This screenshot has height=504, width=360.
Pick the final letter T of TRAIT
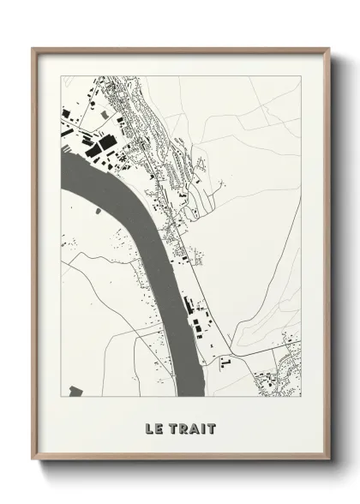[211, 429]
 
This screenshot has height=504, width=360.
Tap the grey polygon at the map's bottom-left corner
[75, 391]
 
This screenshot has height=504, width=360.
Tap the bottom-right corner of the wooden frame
[327, 460]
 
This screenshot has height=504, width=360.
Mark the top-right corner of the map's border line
[302, 75]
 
